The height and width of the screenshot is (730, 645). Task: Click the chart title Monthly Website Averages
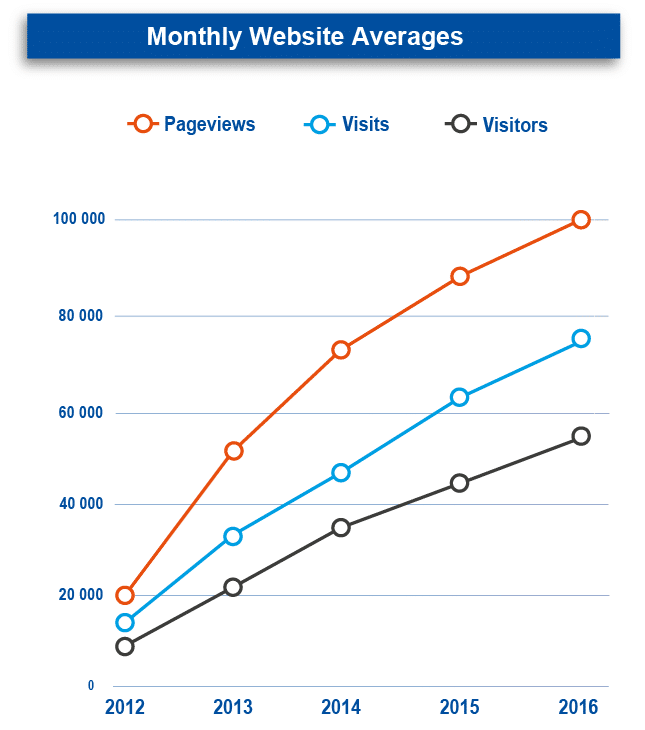304,37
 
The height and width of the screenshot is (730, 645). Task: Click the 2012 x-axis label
125,708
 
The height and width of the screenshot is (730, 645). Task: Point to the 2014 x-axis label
341,708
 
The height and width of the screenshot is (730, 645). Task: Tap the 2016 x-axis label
578,708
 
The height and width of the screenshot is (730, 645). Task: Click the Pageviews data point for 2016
580,220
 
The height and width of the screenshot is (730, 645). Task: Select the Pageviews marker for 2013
233,451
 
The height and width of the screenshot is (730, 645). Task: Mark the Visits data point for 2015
459,397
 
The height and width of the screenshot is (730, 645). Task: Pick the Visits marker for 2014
340,472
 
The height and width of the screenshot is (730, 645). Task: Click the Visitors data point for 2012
125,646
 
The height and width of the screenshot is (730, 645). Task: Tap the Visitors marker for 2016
580,436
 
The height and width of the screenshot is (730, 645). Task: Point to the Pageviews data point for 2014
340,350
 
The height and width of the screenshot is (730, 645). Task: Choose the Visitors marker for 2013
233,587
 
